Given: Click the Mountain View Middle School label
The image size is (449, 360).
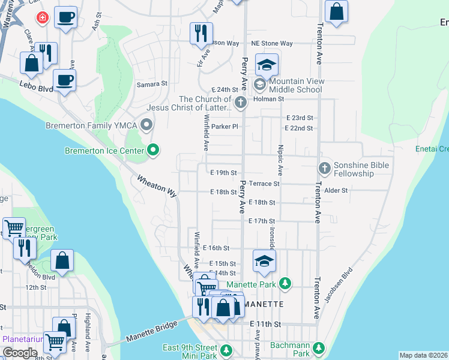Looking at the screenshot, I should (x=297, y=85).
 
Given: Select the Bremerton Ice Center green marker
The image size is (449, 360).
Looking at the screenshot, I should (x=154, y=150).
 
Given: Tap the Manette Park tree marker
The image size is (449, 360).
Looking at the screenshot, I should (x=286, y=283).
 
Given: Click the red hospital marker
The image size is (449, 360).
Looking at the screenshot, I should (x=42, y=18).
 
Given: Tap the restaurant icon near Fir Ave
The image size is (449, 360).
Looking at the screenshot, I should (x=201, y=33).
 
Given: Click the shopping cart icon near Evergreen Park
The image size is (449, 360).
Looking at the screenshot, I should (x=14, y=227).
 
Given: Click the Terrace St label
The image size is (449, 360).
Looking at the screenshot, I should (x=264, y=184).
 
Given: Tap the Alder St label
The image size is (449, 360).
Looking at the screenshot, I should (x=336, y=190).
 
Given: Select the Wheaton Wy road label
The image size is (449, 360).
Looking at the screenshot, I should (x=157, y=186).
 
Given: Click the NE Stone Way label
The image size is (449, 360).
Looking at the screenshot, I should (x=272, y=43).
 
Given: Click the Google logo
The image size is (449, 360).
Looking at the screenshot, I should (x=19, y=353).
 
